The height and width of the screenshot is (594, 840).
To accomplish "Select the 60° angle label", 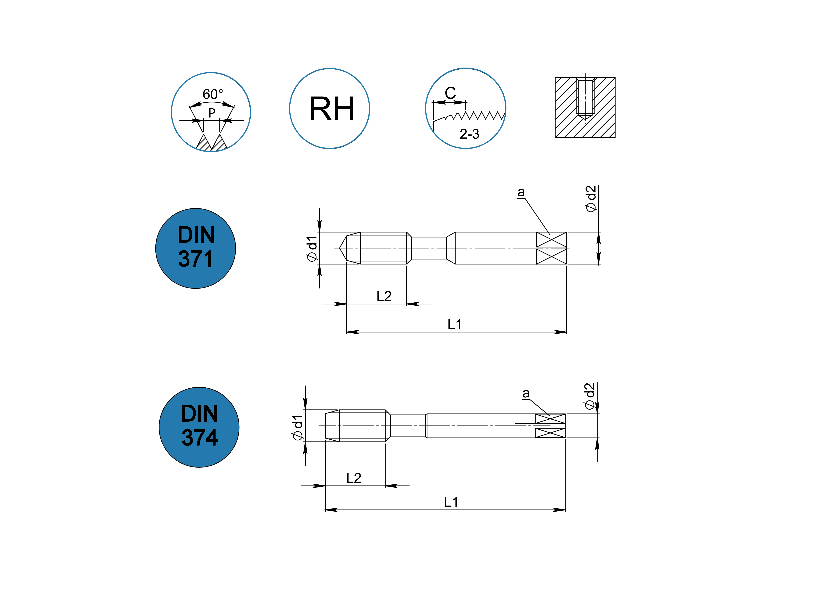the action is click(x=212, y=94).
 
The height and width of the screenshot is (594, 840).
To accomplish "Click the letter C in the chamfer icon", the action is click(x=450, y=93).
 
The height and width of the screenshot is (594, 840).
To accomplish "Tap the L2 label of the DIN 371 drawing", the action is click(x=384, y=296).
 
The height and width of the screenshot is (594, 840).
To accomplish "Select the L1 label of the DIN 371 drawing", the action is click(x=455, y=324).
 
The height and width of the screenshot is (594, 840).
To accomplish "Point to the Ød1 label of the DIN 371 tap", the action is click(x=312, y=249).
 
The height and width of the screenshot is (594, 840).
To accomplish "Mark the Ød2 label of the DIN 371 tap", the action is click(x=591, y=199).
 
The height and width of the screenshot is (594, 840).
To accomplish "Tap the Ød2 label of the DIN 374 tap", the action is click(x=589, y=396).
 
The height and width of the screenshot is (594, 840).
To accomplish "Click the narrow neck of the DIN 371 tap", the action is click(x=429, y=248).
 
